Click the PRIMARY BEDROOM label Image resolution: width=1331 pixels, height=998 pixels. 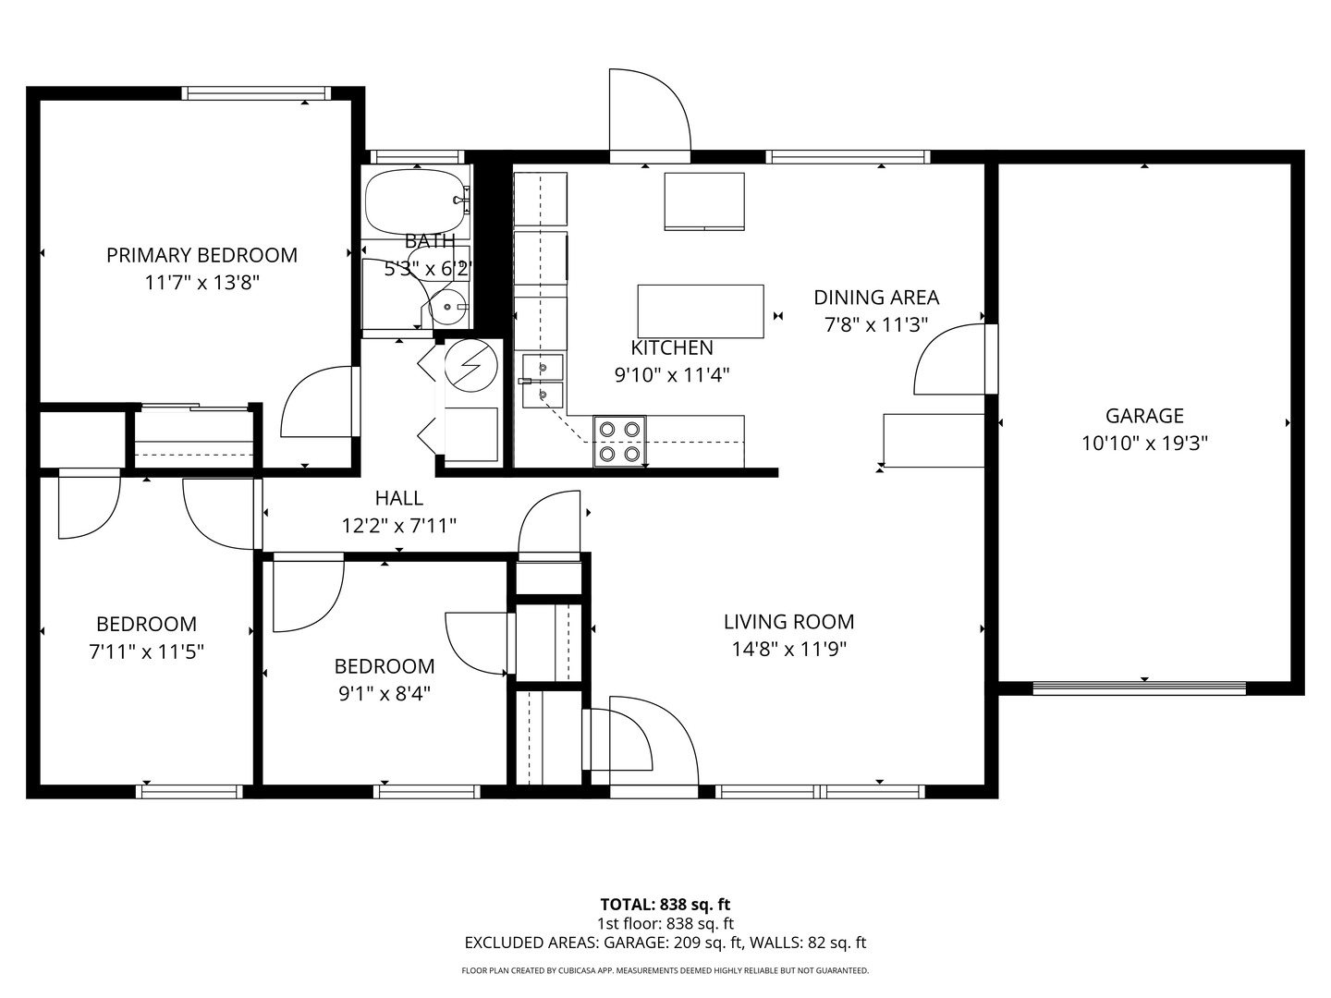tap(201, 255)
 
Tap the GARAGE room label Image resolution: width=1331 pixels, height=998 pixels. tap(1144, 416)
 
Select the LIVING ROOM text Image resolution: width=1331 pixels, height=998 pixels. tap(789, 622)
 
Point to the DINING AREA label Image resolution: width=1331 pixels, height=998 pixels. tap(876, 298)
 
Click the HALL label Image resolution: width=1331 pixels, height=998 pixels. tap(399, 498)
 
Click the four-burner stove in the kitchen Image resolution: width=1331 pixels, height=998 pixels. tap(619, 441)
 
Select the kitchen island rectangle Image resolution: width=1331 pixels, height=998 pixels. tap(701, 311)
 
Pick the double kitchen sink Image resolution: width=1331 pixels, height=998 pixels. tap(543, 381)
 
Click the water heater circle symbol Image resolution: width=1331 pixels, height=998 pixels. tap(470, 365)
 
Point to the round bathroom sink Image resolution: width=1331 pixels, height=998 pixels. tap(447, 307)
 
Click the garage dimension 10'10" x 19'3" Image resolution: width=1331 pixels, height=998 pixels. tap(1145, 444)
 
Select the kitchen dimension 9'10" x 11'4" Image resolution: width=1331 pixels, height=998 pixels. tap(672, 376)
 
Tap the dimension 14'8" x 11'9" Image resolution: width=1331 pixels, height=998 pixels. tap(789, 650)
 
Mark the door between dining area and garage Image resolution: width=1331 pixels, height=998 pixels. tap(955, 359)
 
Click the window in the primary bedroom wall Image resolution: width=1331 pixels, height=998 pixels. tap(256, 93)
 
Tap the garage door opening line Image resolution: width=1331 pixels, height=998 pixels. tap(1139, 688)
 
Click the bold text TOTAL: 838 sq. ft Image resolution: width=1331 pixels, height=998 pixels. tap(665, 905)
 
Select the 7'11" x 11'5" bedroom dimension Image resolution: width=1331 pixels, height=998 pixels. tap(146, 652)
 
